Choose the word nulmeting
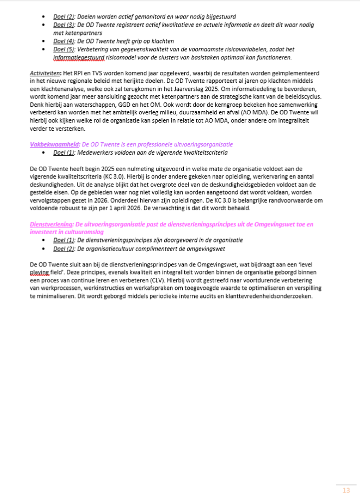coord(130,169)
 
